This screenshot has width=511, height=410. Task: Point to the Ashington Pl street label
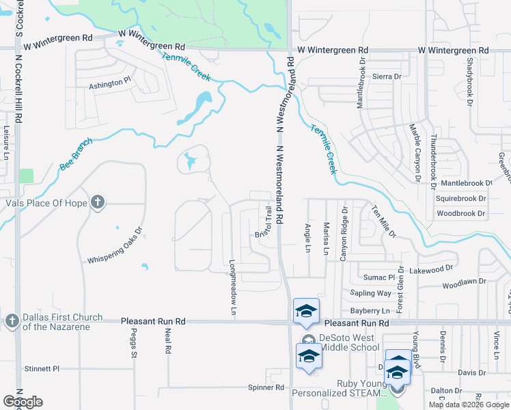click(x=110, y=83)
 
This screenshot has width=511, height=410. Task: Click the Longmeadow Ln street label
click(x=233, y=287)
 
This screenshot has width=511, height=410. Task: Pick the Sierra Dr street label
click(x=386, y=77)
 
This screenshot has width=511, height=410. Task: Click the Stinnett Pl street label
click(x=42, y=368)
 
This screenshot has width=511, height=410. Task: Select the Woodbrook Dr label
click(x=460, y=214)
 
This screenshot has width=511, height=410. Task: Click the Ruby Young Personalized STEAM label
click(x=337, y=389)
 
